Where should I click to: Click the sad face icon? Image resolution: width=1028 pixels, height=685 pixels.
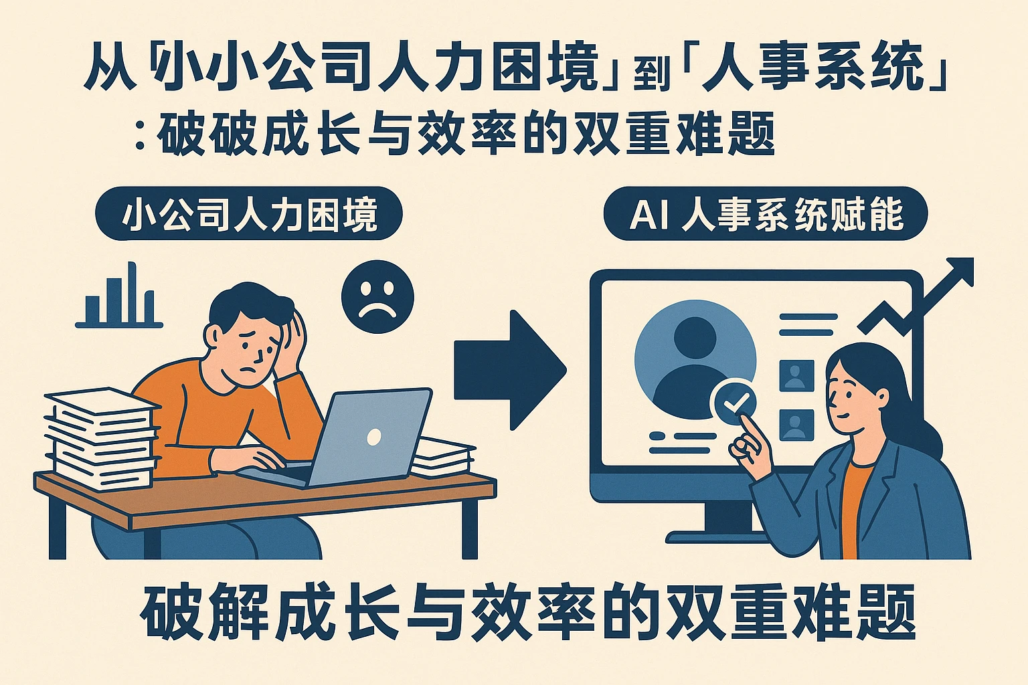377,297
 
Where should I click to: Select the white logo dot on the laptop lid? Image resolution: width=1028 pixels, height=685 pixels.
374,437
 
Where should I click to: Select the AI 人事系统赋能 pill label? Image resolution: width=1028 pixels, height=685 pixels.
766,213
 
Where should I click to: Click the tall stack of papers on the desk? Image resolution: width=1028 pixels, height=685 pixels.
102,438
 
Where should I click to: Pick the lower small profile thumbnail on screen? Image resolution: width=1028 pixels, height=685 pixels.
796,425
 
